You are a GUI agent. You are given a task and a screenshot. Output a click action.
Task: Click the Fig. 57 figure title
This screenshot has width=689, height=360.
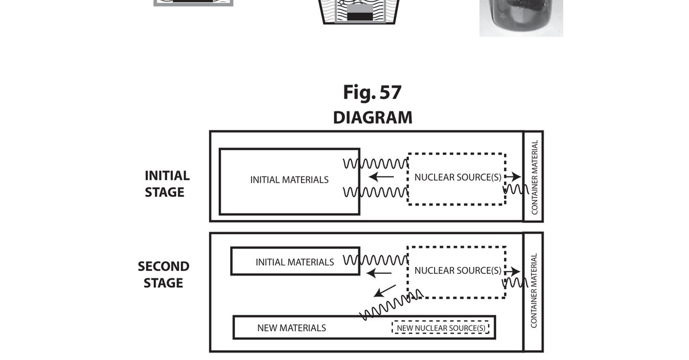coord(372,92)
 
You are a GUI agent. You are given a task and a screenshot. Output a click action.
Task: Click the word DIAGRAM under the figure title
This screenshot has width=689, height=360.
coord(373,118)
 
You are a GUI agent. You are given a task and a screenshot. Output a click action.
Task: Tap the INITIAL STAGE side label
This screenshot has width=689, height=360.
coord(167,184)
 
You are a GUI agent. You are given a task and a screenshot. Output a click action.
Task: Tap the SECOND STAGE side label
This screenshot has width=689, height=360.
coord(163,274)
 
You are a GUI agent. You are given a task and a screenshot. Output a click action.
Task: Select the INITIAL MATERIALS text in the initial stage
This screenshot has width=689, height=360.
coord(289,180)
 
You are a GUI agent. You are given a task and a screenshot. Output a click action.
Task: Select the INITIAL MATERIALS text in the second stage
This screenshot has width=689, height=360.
coord(295,262)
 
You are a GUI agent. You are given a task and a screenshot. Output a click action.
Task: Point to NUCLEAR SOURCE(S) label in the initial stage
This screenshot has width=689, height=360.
coord(458,177)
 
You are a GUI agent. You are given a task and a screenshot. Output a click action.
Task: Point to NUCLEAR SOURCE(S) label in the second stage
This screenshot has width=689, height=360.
coord(458,270)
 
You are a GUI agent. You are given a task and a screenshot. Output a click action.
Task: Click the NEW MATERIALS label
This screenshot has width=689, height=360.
coord(292,328)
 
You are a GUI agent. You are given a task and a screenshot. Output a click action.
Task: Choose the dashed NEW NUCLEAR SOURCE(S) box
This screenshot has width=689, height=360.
coord(440,327)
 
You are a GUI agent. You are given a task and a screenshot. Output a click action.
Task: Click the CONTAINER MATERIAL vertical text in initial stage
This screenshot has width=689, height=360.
coord(535,177)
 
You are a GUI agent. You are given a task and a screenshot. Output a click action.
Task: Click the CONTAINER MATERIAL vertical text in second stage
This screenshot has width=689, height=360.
coord(533,291)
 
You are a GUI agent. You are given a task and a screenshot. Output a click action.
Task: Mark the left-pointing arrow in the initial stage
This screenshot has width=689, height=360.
coord(381,177)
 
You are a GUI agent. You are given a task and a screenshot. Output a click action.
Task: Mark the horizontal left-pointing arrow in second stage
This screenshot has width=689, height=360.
coord(379,273)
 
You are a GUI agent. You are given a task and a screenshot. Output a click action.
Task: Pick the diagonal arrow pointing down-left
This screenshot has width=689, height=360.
coord(385,291)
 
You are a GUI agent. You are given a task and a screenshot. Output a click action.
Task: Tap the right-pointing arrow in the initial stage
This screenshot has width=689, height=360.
coord(513,177)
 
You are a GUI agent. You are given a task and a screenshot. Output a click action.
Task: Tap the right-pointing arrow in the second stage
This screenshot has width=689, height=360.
coord(512,272)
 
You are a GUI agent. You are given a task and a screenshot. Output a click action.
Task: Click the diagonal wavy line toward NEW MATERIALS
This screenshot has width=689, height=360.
coord(391,305)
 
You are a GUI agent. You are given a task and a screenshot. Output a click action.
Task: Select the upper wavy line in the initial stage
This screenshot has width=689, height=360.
coord(376,164)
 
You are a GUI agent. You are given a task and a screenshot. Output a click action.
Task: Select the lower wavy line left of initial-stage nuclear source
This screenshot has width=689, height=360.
coord(376,192)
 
